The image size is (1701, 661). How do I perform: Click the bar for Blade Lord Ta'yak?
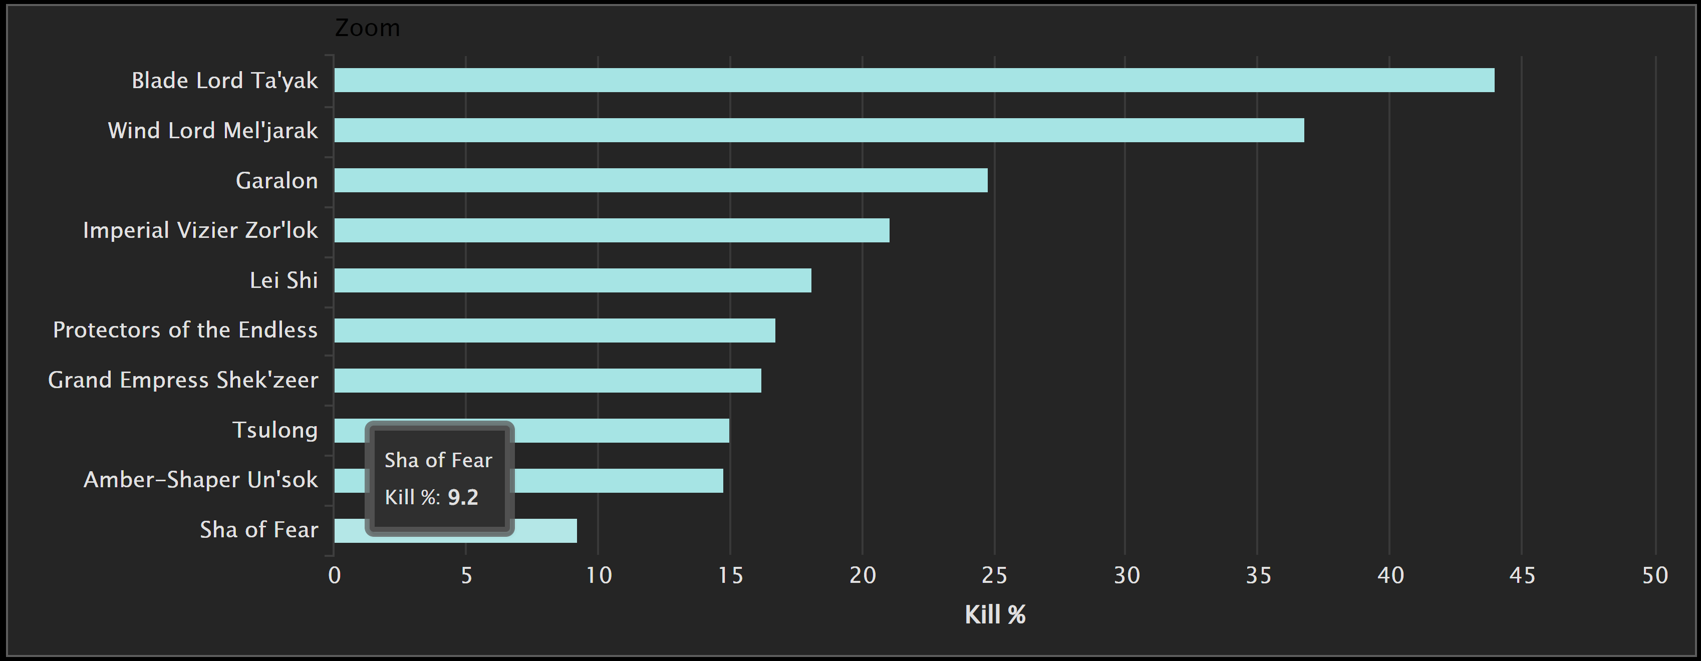tap(914, 80)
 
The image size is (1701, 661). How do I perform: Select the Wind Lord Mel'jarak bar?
tap(819, 130)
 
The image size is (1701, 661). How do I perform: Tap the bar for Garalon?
tap(660, 180)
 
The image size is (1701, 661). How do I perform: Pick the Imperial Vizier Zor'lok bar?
tap(612, 230)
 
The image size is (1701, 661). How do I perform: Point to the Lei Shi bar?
tap(573, 280)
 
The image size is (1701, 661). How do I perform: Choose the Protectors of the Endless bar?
tap(554, 330)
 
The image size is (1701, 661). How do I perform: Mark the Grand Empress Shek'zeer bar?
tap(547, 381)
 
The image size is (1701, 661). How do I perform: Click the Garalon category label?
tap(276, 180)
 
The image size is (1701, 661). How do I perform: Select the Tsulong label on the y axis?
tap(274, 430)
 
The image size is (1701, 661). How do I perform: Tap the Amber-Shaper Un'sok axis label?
tap(201, 479)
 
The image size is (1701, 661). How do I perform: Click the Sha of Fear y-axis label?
tap(259, 530)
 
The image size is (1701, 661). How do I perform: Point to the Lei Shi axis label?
tap(283, 280)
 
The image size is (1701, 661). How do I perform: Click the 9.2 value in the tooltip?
tap(463, 497)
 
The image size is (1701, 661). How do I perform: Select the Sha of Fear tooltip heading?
tap(438, 460)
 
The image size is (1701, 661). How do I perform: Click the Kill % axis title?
tap(994, 615)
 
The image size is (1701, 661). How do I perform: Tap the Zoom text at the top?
tap(367, 28)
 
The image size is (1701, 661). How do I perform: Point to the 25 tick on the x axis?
tap(994, 575)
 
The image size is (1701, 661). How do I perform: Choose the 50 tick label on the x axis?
tap(1655, 575)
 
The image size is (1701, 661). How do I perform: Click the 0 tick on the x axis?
tap(335, 575)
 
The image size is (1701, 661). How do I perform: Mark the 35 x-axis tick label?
tap(1258, 575)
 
